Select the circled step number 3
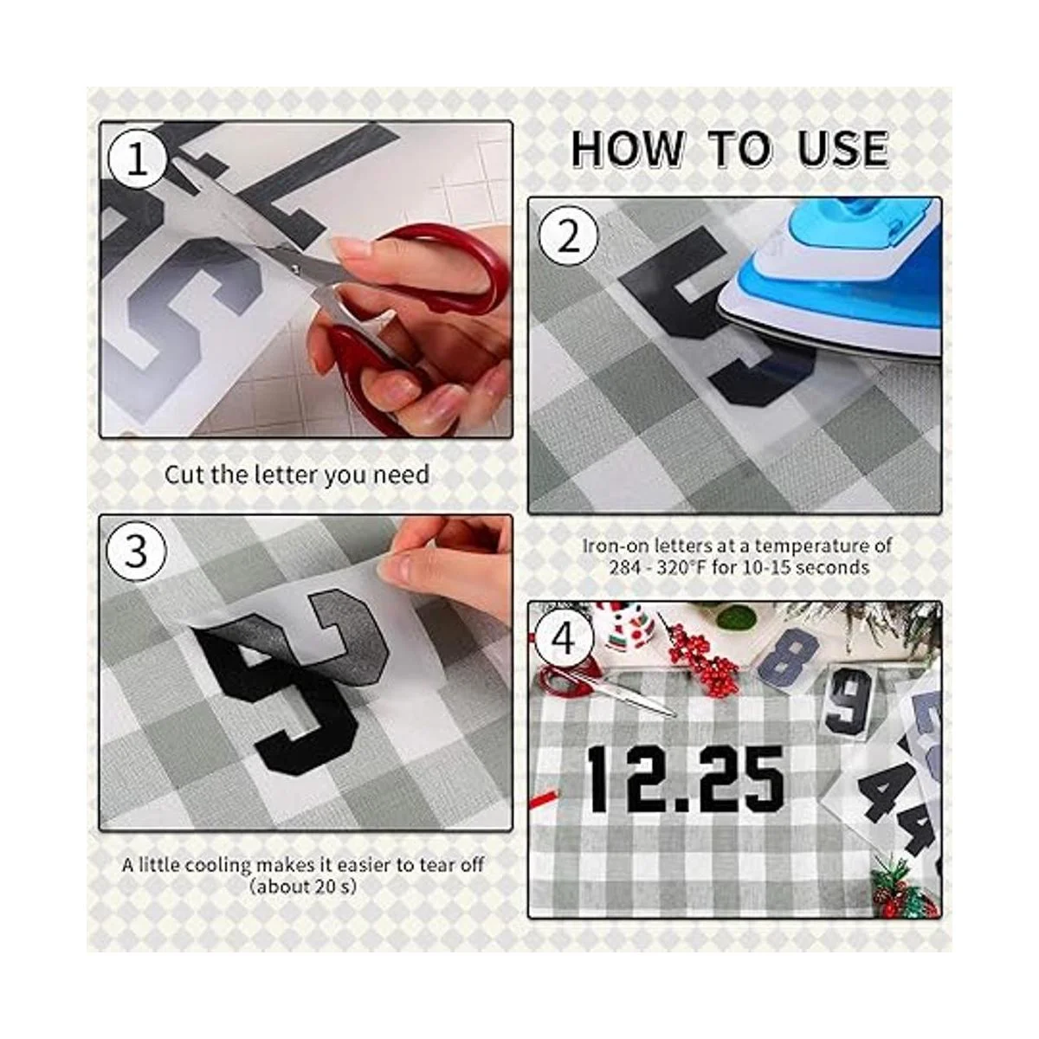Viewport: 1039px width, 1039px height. click(x=136, y=552)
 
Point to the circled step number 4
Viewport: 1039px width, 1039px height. click(x=565, y=641)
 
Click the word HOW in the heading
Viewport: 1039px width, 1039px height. click(x=627, y=148)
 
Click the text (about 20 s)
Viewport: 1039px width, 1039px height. click(x=302, y=887)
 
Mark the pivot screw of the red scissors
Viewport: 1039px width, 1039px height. click(x=294, y=268)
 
